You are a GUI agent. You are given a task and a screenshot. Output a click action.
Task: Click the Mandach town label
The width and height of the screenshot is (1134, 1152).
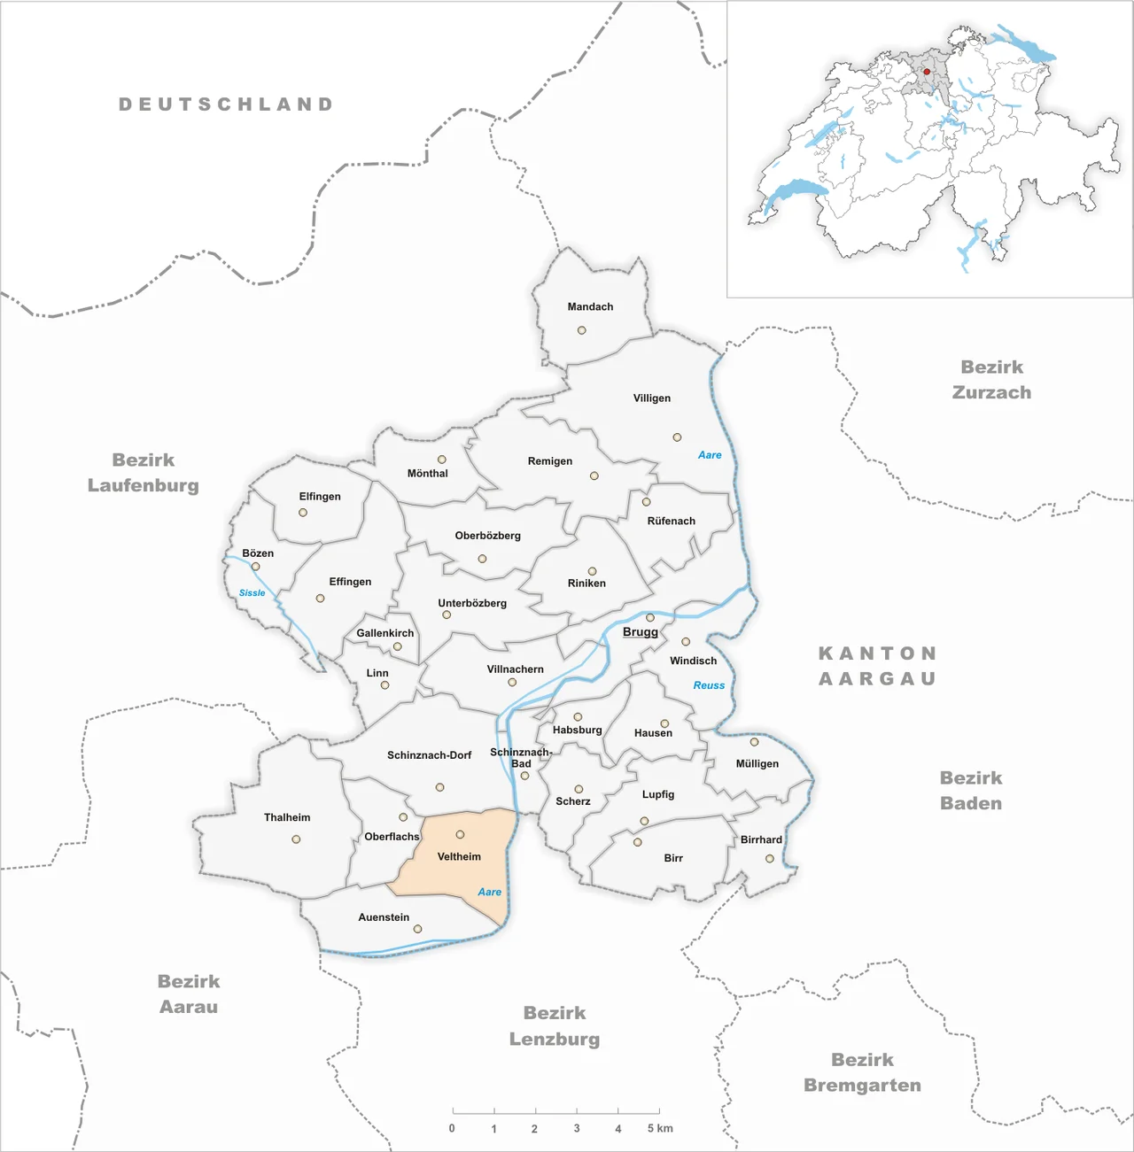[x=590, y=307]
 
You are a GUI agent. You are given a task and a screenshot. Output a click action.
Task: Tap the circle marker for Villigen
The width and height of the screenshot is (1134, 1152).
[x=677, y=437]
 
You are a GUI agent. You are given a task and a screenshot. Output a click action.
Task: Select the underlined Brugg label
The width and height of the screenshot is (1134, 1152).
[x=641, y=632]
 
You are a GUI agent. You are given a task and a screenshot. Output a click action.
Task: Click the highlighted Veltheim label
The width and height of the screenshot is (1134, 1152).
[x=459, y=857]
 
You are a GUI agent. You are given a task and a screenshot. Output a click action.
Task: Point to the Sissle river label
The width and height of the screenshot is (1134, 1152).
[x=252, y=593]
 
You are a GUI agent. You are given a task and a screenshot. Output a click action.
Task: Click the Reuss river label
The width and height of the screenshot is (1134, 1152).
[x=709, y=685]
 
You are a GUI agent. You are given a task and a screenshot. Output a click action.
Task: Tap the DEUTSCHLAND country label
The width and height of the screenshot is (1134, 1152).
[x=227, y=104]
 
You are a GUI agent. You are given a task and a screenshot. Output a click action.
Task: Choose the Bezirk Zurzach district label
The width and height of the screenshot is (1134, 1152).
[x=991, y=380]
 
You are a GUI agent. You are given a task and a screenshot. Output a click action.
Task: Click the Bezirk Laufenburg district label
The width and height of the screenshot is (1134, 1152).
[x=144, y=473]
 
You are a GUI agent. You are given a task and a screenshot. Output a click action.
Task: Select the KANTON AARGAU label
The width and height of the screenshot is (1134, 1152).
[x=877, y=666]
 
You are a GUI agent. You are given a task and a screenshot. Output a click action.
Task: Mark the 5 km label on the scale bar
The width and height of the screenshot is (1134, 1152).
[x=660, y=1129]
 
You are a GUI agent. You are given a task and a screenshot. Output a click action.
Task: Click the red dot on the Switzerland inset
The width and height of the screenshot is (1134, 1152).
[x=927, y=72]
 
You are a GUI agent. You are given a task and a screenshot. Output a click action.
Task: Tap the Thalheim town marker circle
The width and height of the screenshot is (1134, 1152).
[x=296, y=839]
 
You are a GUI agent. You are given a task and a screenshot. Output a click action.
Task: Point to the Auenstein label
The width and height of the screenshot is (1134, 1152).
[x=384, y=917]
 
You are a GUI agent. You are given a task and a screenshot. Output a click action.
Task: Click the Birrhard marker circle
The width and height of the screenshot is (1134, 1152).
[x=770, y=859]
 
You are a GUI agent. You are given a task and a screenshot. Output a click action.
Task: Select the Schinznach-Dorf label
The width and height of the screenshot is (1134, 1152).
[x=429, y=755]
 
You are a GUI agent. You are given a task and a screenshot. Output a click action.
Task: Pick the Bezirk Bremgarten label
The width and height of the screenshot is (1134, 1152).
[x=862, y=1072]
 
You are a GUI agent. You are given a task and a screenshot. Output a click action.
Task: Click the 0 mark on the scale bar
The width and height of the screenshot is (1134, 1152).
[x=452, y=1129]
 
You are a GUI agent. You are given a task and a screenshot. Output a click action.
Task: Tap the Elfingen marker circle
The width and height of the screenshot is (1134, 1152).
[x=303, y=513]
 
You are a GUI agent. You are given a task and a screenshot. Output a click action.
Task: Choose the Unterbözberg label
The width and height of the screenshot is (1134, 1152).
[x=472, y=604]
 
